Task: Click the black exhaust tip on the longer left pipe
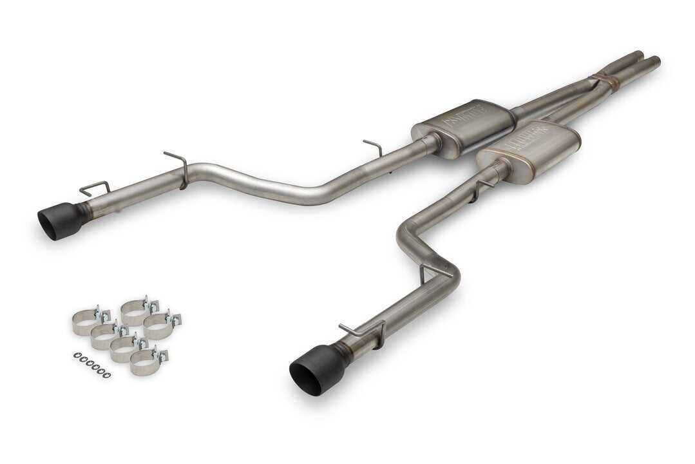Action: point(61,220)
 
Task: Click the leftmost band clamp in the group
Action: point(85,322)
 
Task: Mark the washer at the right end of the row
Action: point(108,375)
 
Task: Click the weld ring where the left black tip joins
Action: point(83,211)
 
